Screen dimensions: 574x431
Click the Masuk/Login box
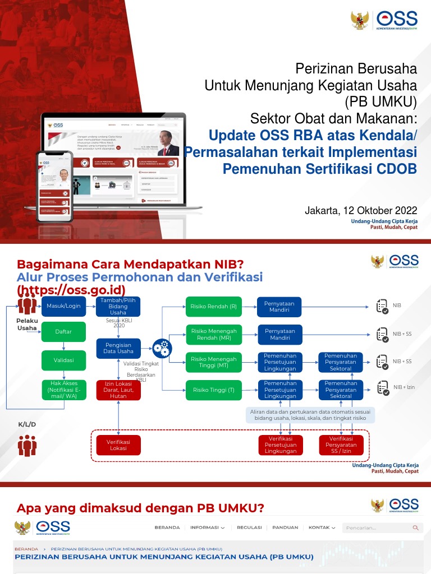[x=63, y=306]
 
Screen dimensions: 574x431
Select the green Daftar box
[x=63, y=332]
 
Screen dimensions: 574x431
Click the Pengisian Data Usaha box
[x=118, y=348]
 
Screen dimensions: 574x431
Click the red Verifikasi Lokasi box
[x=118, y=445]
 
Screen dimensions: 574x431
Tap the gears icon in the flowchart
[x=162, y=348]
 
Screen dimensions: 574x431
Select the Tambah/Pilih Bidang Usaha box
[x=118, y=306]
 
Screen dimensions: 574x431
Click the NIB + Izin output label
[x=404, y=387]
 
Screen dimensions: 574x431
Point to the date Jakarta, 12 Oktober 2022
[x=361, y=211]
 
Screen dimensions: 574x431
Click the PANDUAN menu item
[x=285, y=527]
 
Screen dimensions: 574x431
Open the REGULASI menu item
[x=249, y=527]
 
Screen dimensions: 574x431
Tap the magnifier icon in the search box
[x=415, y=527]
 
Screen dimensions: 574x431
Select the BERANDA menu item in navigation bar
[x=167, y=527]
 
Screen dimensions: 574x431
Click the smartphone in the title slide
[x=54, y=184]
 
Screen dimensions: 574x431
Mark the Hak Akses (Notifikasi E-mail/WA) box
[x=63, y=389]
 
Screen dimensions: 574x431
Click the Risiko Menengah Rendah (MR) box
[x=214, y=334]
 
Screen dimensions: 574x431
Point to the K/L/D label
[x=27, y=424]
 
